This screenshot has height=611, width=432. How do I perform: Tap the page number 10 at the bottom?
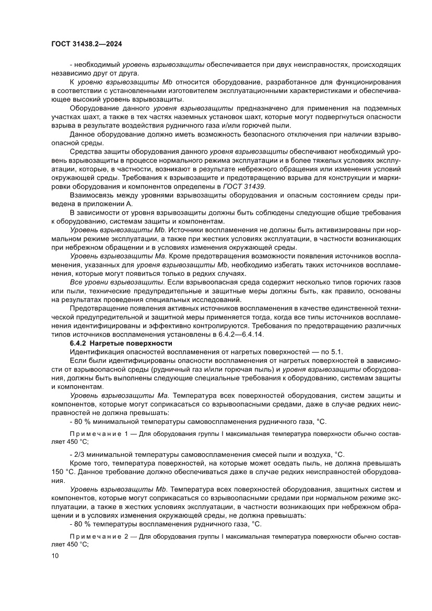coord(55,556)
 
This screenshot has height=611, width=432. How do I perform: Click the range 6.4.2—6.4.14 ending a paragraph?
coord(241,335)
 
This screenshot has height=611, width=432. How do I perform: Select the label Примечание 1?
coord(98,434)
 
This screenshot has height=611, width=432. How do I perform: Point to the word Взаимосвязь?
coord(93,195)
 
